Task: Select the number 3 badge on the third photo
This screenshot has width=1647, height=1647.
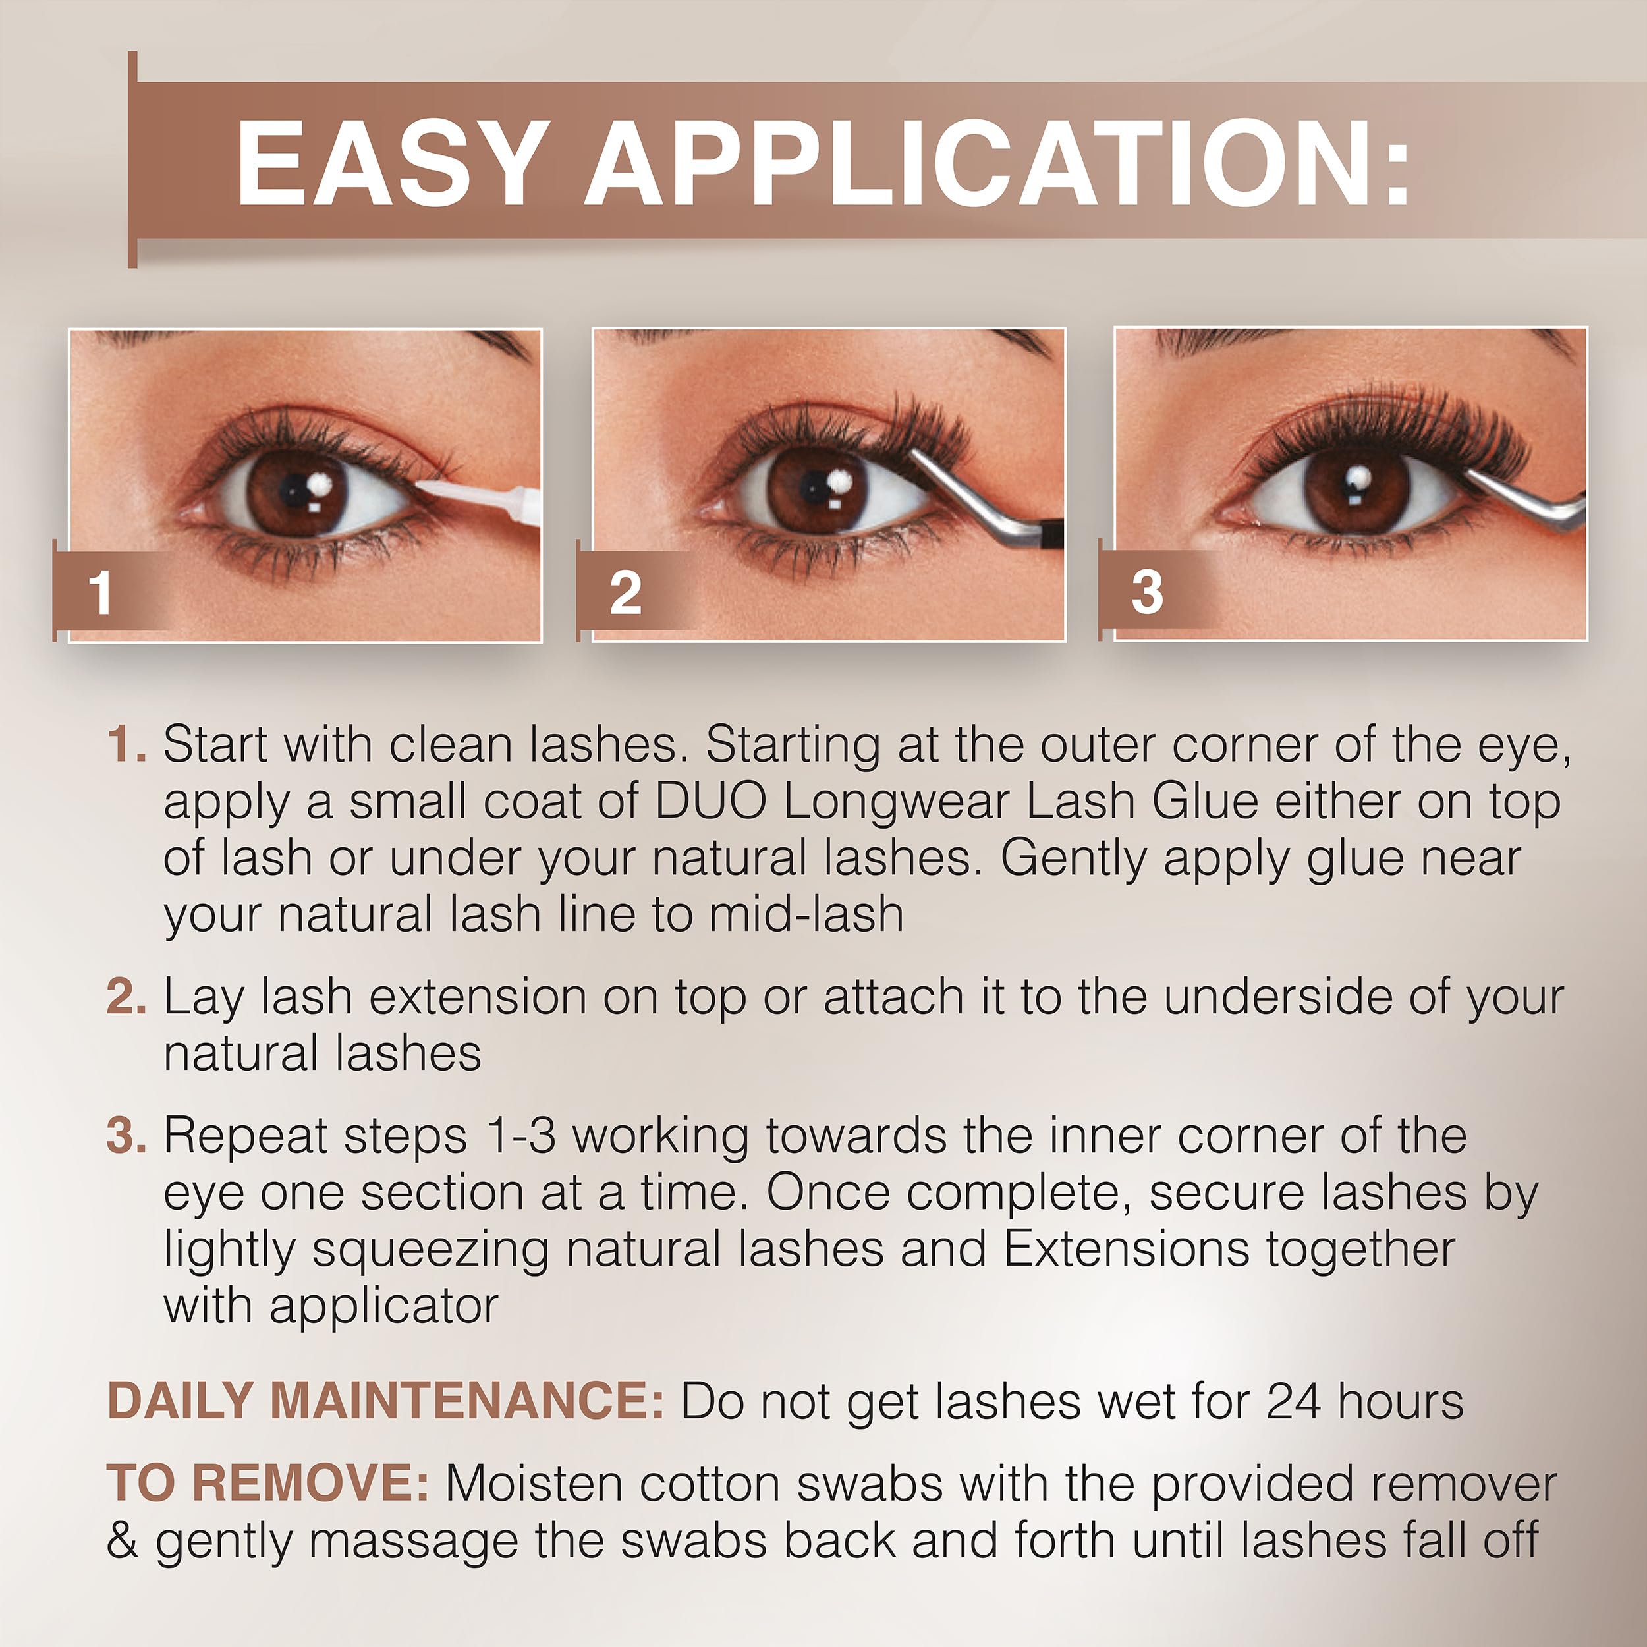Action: [1146, 592]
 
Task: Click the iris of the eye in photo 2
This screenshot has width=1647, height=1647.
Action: [818, 491]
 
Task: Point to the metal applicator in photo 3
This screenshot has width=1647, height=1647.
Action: [1526, 503]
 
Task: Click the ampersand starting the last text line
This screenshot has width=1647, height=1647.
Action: [123, 1540]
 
